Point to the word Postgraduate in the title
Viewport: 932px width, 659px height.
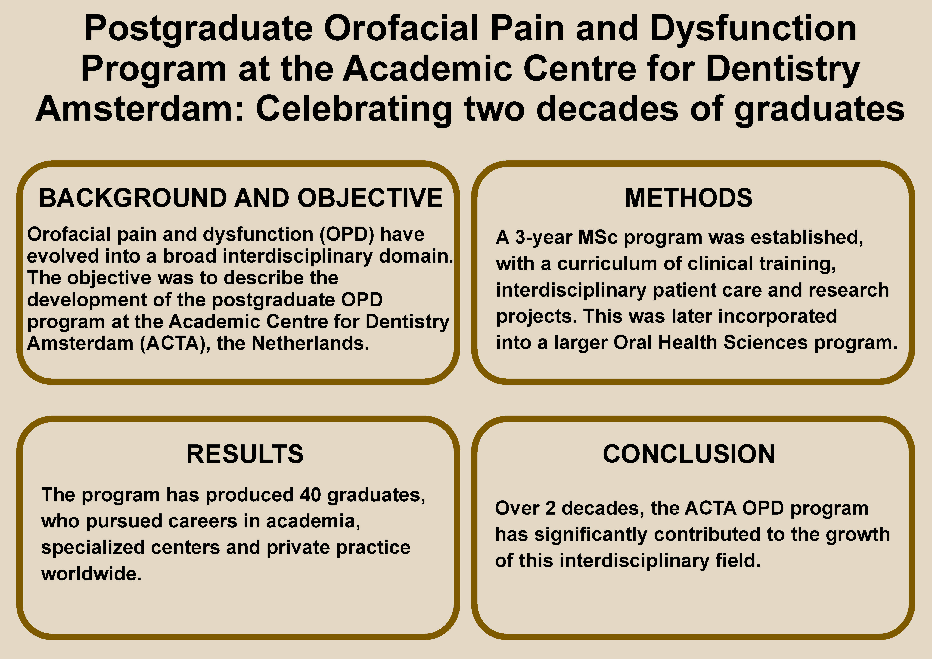click(x=198, y=29)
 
